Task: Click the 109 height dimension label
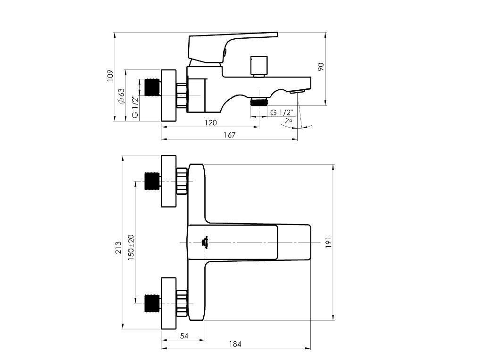click(110, 76)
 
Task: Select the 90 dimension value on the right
click(321, 67)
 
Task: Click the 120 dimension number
click(211, 123)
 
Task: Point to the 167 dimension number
click(230, 135)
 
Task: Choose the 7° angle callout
click(288, 121)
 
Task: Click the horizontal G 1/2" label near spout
click(282, 112)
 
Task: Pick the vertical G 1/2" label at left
click(135, 107)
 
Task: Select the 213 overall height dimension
click(118, 248)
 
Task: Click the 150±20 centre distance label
click(131, 248)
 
